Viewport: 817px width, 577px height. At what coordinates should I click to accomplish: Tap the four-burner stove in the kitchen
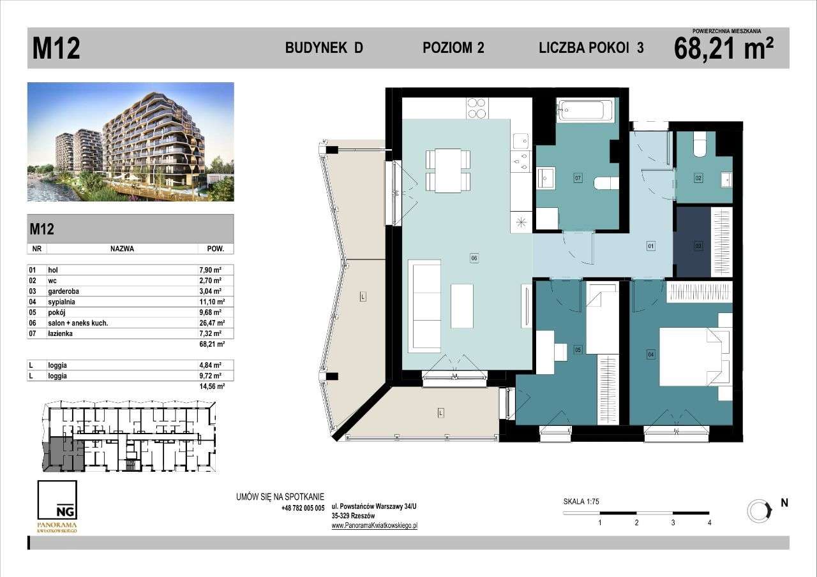tap(477, 108)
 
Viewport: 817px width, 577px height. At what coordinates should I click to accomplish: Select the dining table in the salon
tap(448, 170)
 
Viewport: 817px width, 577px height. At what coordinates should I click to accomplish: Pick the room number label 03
tap(698, 245)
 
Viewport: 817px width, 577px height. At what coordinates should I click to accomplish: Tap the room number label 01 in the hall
tap(651, 245)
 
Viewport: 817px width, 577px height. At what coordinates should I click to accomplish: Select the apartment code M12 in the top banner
tap(56, 49)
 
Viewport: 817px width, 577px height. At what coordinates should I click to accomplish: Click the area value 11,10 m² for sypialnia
tap(210, 302)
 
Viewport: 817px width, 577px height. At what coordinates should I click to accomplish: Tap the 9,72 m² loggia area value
tap(210, 376)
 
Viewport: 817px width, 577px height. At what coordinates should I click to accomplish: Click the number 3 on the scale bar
tap(673, 522)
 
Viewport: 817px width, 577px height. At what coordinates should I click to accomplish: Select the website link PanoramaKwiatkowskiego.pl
tap(374, 526)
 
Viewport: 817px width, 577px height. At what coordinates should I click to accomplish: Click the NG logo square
tap(57, 500)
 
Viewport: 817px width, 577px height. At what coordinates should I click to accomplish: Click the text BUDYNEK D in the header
tap(324, 48)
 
